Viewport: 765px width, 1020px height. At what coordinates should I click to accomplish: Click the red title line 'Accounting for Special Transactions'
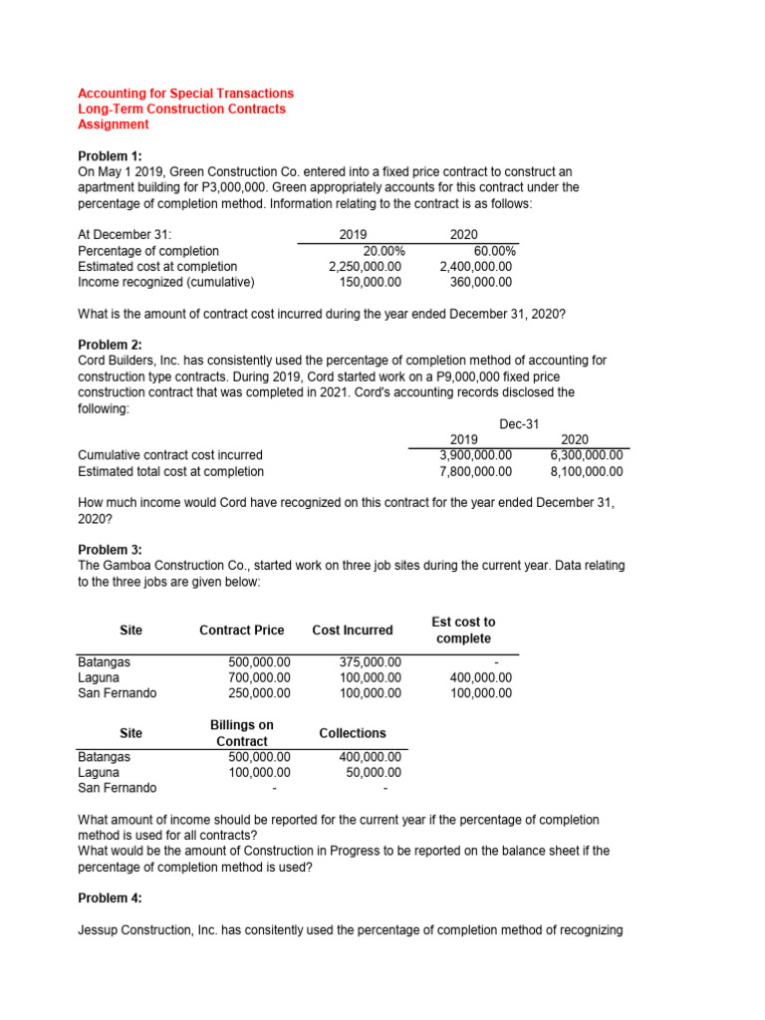pyautogui.click(x=185, y=94)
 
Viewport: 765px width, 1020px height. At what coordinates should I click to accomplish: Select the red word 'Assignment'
pyautogui.click(x=114, y=126)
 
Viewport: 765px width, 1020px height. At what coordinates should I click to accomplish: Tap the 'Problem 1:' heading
pyautogui.click(x=110, y=156)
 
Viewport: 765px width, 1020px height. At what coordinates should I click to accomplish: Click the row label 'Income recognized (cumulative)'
pyautogui.click(x=166, y=282)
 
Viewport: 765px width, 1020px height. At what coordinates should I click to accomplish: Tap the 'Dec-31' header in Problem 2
pyautogui.click(x=519, y=424)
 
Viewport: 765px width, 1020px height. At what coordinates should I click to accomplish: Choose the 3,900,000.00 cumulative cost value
pyautogui.click(x=476, y=456)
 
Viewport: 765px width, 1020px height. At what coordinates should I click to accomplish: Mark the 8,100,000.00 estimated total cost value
pyautogui.click(x=587, y=472)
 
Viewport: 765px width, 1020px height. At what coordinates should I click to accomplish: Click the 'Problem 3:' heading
pyautogui.click(x=110, y=550)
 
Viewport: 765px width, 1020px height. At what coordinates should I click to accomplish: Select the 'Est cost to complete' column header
pyautogui.click(x=463, y=630)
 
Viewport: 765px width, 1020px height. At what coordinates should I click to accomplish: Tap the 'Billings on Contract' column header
pyautogui.click(x=242, y=733)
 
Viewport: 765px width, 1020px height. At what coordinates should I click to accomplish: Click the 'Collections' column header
pyautogui.click(x=353, y=733)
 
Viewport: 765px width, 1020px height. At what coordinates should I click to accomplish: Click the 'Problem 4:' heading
pyautogui.click(x=110, y=898)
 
